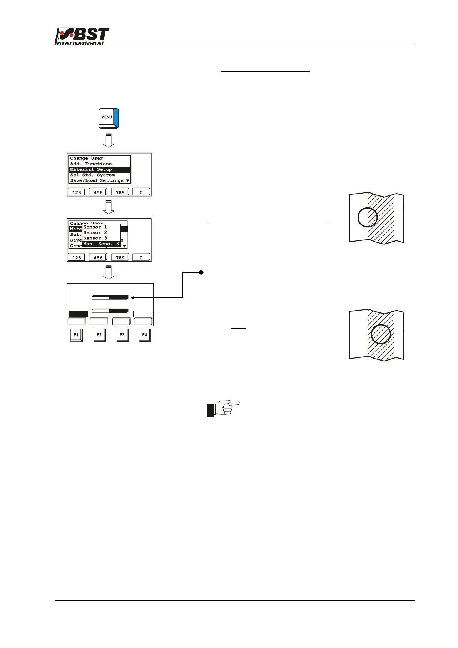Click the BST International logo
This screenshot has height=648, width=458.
pos(82,37)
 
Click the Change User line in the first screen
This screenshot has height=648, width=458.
pos(87,158)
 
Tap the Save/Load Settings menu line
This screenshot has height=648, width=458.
pos(97,180)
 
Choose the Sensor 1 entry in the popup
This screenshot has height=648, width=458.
pos(95,227)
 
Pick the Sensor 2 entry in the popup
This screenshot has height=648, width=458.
pos(95,232)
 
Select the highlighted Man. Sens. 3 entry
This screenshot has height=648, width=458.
pos(101,244)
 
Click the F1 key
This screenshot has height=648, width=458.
pos(76,335)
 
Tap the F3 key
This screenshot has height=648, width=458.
pos(122,335)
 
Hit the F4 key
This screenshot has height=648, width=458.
pos(145,335)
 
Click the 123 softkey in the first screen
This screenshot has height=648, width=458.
pos(77,192)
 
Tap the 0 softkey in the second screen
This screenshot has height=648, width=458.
pos(141,257)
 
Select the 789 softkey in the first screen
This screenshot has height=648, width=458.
pos(120,192)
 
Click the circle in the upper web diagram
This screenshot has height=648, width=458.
pos(368,217)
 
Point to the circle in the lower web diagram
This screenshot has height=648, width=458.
pos(381,334)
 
